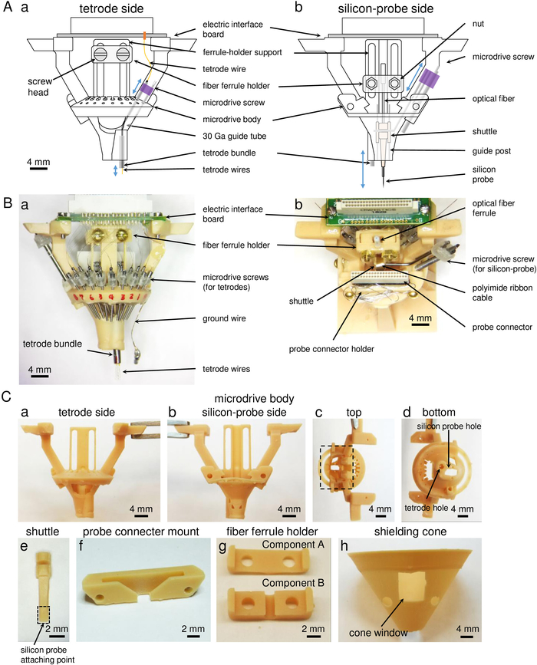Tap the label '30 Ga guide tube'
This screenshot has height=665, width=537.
pos(235,136)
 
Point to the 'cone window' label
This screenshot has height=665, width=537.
pos(378,633)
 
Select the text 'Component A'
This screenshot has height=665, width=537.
pos(293,545)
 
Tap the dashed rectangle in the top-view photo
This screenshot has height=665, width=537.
pos(336,467)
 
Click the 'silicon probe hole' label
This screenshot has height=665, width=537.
pos(449,426)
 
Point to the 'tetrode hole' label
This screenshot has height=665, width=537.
pos(426,508)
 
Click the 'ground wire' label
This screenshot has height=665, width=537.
pos(224,318)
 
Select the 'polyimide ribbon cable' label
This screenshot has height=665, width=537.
pos(502,293)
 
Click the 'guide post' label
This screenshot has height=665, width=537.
pos(492,151)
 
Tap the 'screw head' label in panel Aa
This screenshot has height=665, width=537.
pos(40,87)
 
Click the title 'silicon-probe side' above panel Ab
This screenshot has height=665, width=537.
pos(386,8)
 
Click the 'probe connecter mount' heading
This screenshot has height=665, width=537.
pos(141,532)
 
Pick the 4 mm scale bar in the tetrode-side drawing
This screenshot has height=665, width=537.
pos(38,169)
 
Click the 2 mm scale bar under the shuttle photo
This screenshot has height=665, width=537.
pos(57,636)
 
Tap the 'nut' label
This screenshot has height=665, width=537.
pos(478,24)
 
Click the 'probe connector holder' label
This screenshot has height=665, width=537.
pos(331,349)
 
